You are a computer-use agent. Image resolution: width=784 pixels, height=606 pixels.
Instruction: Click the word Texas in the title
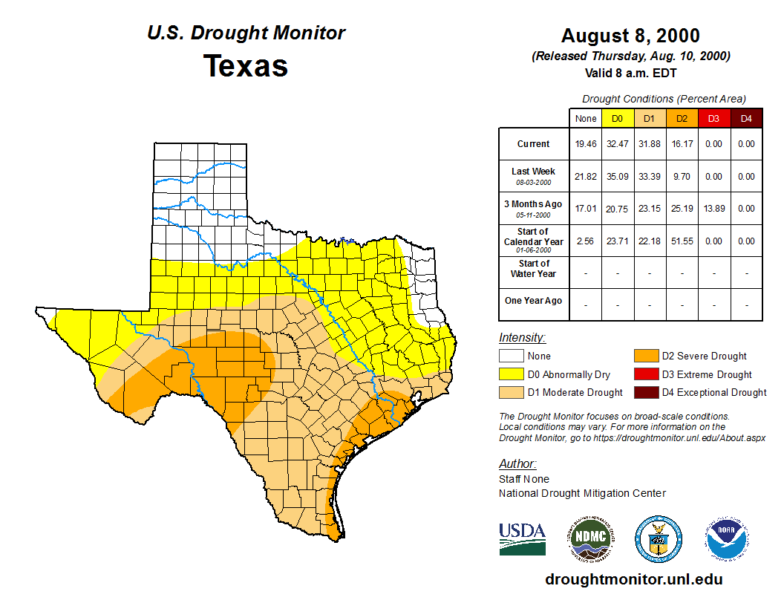click(x=246, y=65)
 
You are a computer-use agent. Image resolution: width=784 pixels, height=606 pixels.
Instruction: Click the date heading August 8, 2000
click(x=630, y=36)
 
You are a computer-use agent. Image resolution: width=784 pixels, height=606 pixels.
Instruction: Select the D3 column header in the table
click(x=713, y=118)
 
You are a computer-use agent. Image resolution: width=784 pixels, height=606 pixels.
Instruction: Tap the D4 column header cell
click(x=746, y=118)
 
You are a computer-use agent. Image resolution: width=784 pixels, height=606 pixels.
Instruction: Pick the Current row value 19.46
click(x=586, y=144)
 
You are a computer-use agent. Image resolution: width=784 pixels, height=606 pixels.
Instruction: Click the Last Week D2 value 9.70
click(x=682, y=177)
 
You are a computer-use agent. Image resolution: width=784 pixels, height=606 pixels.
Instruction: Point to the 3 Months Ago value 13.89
click(x=713, y=209)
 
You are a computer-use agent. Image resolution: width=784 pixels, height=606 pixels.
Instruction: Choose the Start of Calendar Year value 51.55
click(x=682, y=241)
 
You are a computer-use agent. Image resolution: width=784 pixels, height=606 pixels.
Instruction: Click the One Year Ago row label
click(x=534, y=301)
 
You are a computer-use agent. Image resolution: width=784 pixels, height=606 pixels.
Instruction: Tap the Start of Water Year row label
click(x=534, y=269)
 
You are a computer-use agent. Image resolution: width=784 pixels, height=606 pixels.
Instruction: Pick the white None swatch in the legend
click(x=511, y=356)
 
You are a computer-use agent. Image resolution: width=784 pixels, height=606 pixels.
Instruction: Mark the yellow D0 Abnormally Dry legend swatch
click(x=511, y=374)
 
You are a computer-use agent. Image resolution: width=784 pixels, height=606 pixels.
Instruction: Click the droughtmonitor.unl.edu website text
click(x=633, y=579)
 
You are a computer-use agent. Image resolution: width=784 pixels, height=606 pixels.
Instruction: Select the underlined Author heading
click(x=517, y=464)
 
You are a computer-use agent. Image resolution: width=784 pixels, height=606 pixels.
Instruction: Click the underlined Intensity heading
click(x=522, y=337)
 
